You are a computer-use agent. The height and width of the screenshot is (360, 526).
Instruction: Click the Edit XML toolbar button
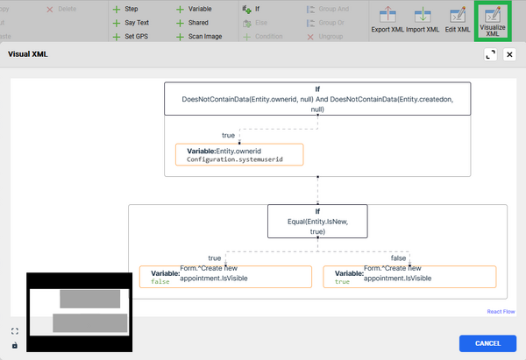pos(458,19)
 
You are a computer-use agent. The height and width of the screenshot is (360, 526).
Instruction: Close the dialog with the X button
pos(509,54)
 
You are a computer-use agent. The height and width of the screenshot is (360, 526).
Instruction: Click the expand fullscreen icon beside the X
pos(491,54)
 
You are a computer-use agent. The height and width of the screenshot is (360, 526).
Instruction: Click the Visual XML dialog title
pos(29,53)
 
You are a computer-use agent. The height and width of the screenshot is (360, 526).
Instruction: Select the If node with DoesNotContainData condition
pos(317,99)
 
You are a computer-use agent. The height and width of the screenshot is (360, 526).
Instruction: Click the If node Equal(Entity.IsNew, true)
pos(317,222)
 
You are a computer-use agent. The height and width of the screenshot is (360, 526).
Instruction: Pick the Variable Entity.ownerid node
pos(239,155)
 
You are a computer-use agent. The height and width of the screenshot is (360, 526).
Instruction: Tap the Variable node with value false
pos(225,277)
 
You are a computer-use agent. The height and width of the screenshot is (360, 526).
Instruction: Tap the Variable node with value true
pos(409,277)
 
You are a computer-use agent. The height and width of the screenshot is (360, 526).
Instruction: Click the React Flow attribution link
pos(501,311)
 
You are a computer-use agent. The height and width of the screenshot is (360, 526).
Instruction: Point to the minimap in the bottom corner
pos(78,311)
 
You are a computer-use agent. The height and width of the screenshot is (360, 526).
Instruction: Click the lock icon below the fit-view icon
pos(15,345)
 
